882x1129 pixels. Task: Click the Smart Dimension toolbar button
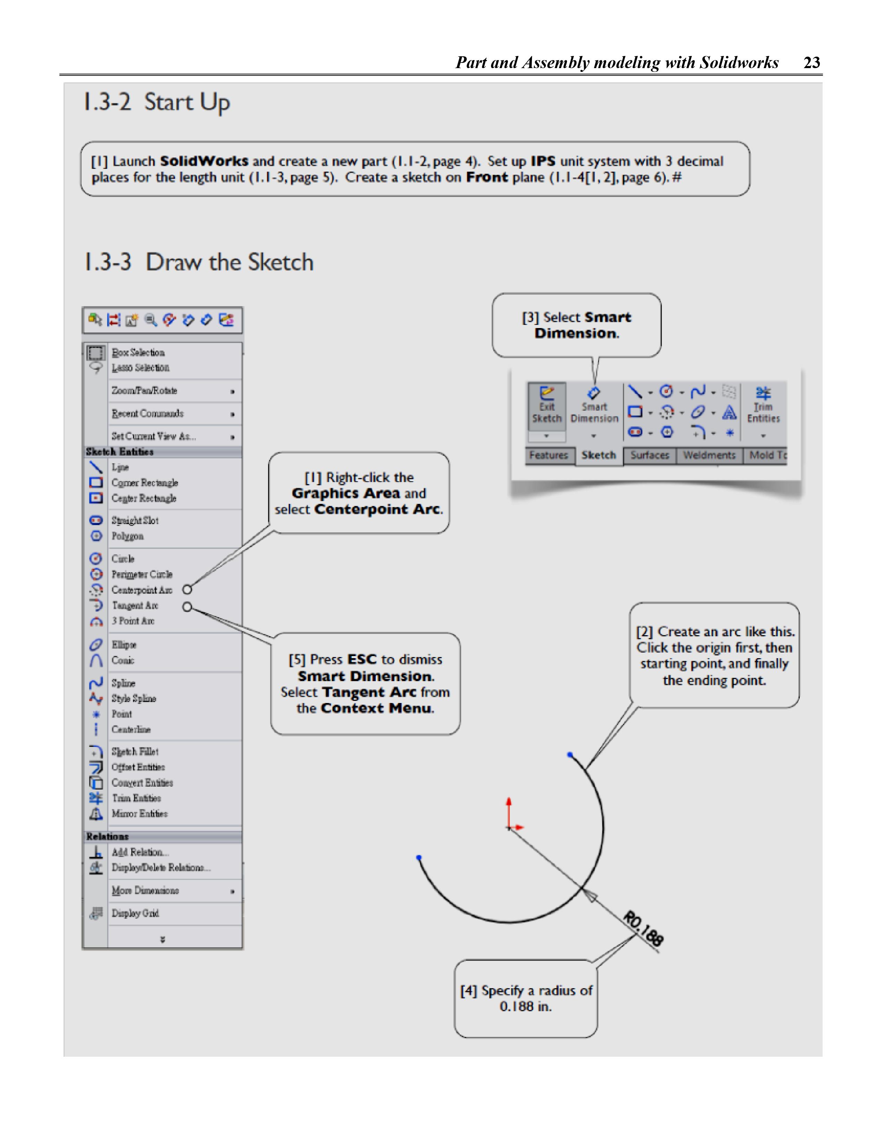[594, 406]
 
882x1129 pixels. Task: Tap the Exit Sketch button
[547, 406]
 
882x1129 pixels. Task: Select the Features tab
[548, 456]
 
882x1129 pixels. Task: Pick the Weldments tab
[709, 456]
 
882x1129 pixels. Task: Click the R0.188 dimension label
[643, 928]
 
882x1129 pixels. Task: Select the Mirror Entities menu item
[140, 814]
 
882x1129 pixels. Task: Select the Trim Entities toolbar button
[763, 406]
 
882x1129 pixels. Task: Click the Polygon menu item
[128, 536]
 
